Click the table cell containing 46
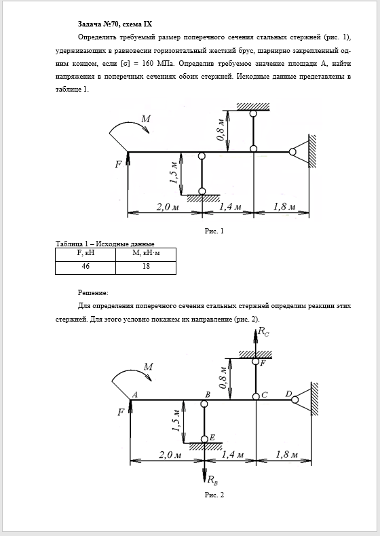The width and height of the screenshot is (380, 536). [x=85, y=268]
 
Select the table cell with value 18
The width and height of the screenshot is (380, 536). [x=146, y=268]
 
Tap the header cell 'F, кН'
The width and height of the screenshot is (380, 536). [x=85, y=254]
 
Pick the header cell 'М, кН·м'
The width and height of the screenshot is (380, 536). [x=146, y=254]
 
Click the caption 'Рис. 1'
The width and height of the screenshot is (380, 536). [x=214, y=231]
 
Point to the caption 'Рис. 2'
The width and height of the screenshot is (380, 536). [x=214, y=495]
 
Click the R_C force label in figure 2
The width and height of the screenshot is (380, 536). [x=263, y=332]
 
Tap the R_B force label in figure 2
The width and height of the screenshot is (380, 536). [x=213, y=480]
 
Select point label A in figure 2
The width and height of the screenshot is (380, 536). [x=135, y=394]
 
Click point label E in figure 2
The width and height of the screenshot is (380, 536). [x=212, y=437]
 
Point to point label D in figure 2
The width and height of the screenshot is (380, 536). [x=288, y=394]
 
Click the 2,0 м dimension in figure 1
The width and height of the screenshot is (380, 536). [x=168, y=207]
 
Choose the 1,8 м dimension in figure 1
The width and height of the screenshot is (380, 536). [x=284, y=207]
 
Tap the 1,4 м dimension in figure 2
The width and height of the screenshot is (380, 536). [x=233, y=455]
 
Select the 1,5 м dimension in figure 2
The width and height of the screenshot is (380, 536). [x=176, y=420]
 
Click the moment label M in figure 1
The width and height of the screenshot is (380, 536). [x=146, y=119]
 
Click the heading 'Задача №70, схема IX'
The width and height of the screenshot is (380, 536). [x=115, y=24]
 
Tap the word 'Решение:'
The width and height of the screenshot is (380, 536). [x=93, y=292]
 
